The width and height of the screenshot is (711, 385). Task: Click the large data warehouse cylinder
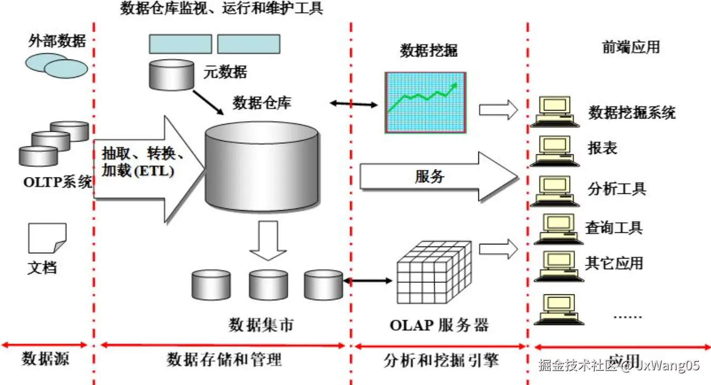point(262,166)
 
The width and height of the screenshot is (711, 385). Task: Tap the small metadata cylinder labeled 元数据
point(172,74)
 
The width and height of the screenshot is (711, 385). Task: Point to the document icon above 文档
point(47,238)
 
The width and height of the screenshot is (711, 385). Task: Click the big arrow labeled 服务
point(437,176)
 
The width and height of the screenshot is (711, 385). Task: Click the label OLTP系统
point(57,183)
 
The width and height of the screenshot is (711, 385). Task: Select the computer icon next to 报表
point(554,150)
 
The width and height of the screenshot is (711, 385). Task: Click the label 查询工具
point(614,228)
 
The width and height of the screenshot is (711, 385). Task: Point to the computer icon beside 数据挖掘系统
point(554,111)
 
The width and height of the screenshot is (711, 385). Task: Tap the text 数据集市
point(261,325)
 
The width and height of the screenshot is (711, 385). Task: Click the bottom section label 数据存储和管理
point(225,360)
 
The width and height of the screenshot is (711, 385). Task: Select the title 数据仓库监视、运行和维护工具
point(222,9)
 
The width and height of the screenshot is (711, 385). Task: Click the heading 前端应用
point(630,47)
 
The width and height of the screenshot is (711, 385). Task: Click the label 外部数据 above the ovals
point(57,41)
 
